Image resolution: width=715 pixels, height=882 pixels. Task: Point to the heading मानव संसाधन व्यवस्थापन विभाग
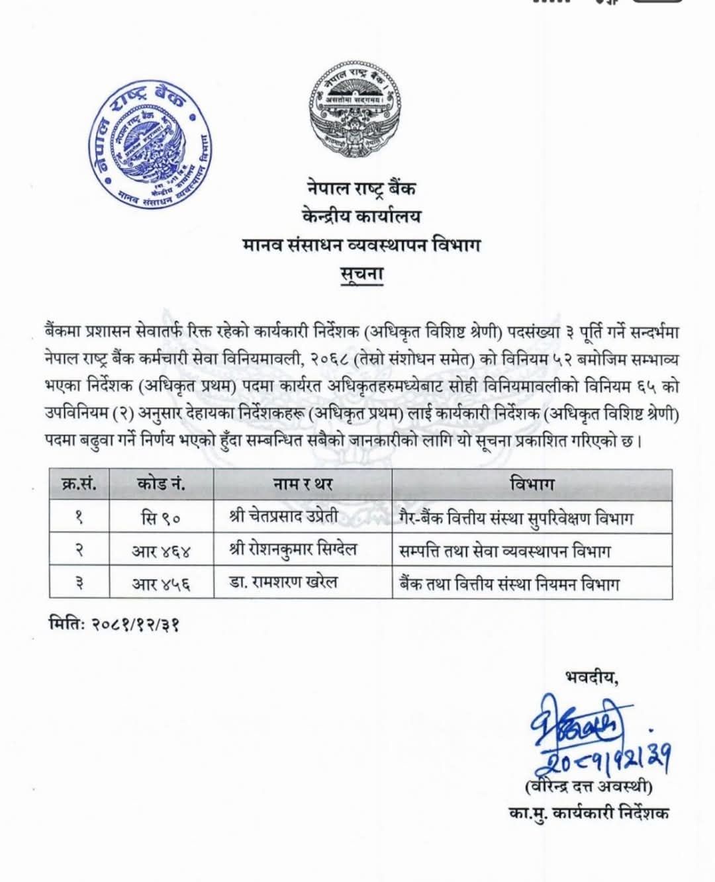(x=361, y=245)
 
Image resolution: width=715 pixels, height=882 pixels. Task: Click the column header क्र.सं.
(x=79, y=484)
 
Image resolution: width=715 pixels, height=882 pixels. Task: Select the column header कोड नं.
(x=161, y=484)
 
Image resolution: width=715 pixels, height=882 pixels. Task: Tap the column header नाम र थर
(x=303, y=484)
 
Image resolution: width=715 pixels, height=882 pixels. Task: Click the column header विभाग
(x=532, y=484)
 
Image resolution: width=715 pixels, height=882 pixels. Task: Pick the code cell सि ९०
(x=161, y=517)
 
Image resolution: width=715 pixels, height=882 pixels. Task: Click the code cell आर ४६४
(x=161, y=551)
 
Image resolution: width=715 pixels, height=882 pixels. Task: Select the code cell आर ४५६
(x=161, y=584)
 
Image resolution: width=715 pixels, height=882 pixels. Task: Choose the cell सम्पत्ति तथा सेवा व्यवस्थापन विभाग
(x=504, y=551)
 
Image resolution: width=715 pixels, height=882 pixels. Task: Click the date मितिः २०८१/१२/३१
(x=115, y=623)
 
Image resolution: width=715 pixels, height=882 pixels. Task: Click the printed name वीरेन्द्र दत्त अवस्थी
(x=588, y=787)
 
